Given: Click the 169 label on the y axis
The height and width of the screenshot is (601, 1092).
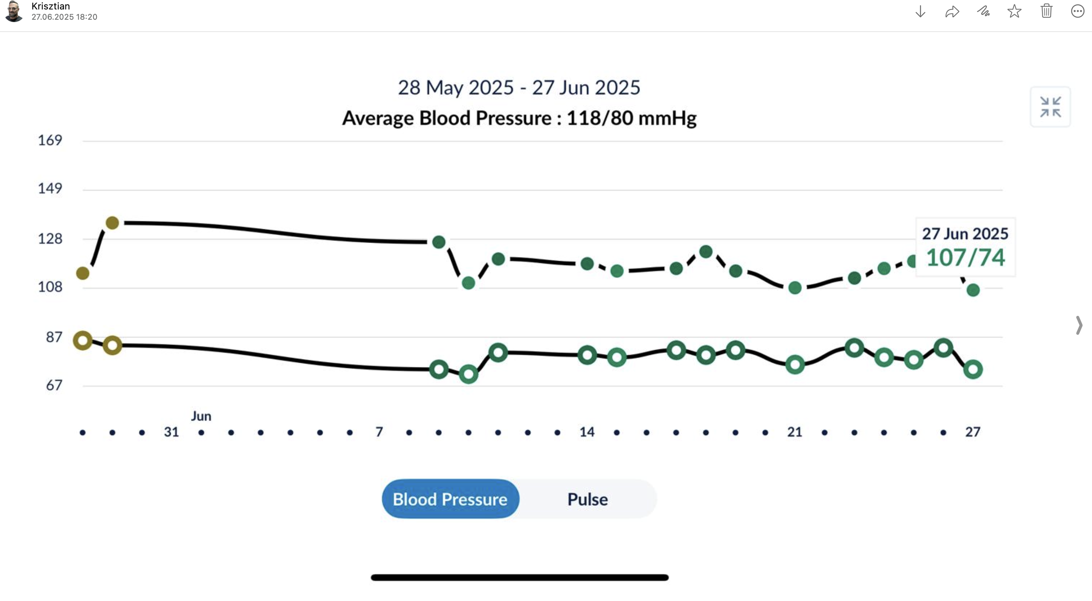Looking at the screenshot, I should [50, 140].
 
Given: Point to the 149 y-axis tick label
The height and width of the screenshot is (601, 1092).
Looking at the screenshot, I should [50, 188].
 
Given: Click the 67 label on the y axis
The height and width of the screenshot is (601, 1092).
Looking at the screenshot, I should [54, 385].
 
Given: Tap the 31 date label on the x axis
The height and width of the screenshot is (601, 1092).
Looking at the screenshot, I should [171, 432].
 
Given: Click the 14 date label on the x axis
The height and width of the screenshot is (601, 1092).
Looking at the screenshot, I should [587, 432].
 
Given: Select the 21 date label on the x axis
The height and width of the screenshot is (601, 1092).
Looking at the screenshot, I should [794, 432].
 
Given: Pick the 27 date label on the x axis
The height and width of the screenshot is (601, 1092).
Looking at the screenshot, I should [972, 432].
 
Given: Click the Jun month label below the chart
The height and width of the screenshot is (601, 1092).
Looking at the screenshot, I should [201, 416].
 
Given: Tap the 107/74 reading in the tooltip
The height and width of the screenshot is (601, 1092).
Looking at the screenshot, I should [965, 258].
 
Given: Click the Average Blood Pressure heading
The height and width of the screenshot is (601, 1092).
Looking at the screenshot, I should [519, 118].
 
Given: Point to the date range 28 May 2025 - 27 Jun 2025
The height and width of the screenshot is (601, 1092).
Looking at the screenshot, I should [519, 88].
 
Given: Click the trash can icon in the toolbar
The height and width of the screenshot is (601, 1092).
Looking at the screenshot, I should [1046, 11].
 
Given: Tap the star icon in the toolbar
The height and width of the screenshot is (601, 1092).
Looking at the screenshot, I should [1014, 11].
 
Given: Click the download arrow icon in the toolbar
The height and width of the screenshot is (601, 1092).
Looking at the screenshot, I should [920, 11].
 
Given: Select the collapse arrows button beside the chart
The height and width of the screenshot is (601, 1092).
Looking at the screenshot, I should [1050, 107].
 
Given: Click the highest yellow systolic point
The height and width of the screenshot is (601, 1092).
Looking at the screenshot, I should [112, 223].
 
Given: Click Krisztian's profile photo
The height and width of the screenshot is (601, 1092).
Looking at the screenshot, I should [14, 11].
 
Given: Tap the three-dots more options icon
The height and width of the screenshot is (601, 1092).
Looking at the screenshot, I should [1077, 11].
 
